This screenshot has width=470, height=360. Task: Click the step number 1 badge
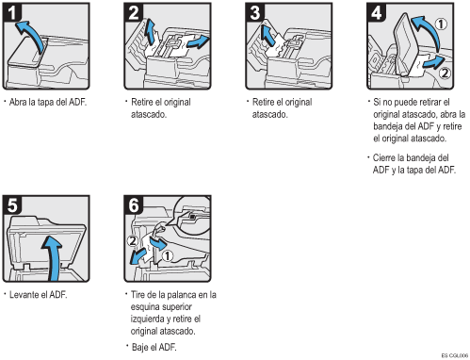point(12,12)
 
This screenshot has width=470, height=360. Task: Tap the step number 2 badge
point(134,12)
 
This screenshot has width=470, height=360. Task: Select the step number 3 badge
point(255,12)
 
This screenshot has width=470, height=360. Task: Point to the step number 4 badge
point(377,12)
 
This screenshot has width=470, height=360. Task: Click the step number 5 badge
point(12,205)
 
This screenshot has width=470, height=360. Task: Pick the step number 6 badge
point(134,205)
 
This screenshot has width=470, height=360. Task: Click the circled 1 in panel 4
point(441,25)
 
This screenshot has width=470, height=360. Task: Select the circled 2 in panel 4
point(445,74)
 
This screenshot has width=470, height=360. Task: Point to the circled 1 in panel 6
point(168,255)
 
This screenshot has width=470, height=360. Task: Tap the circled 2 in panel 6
point(133,241)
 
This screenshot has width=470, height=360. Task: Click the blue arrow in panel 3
point(267,35)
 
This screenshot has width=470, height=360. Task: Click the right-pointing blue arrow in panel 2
point(199,42)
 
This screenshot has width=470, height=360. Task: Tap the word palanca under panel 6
point(186,295)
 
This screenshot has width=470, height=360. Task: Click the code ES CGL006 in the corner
point(455,355)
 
